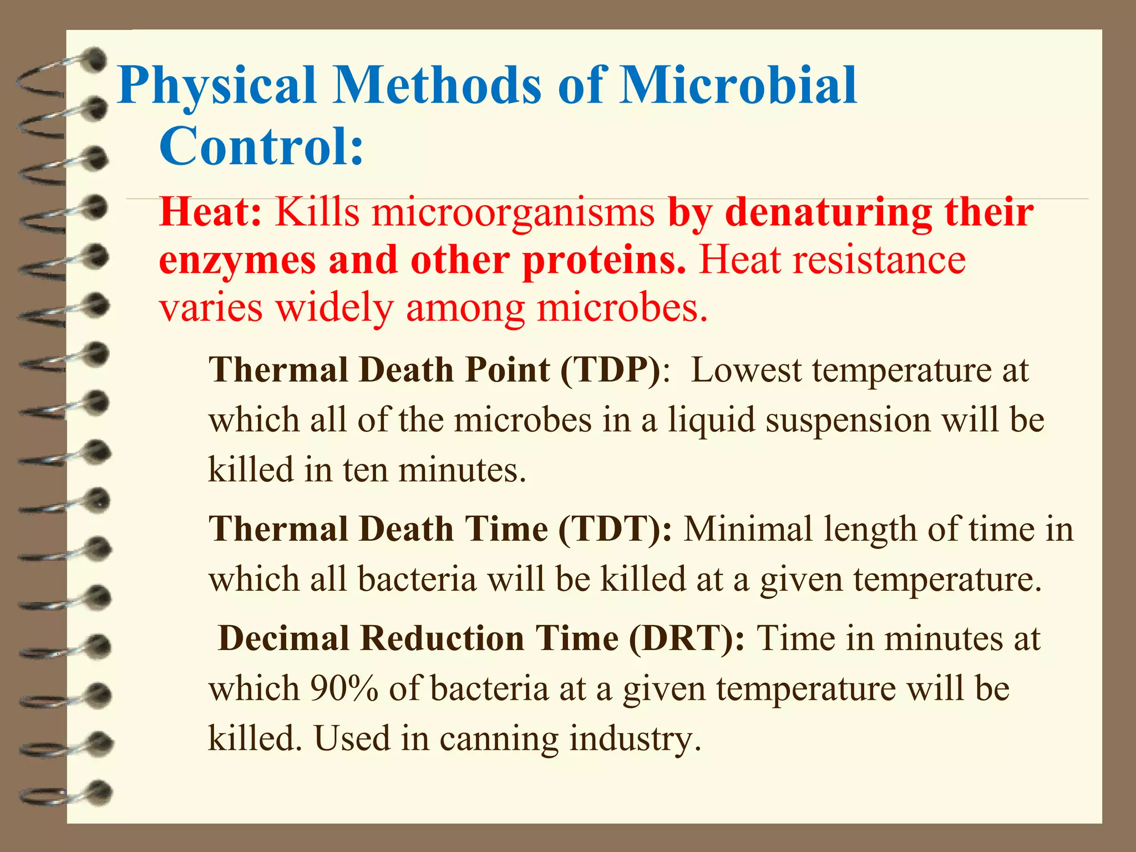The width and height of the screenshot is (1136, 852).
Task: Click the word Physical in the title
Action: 216,86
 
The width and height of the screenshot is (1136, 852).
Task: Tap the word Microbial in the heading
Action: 738,86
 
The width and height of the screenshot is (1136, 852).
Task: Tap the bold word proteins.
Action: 604,260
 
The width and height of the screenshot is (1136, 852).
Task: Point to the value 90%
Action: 344,688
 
